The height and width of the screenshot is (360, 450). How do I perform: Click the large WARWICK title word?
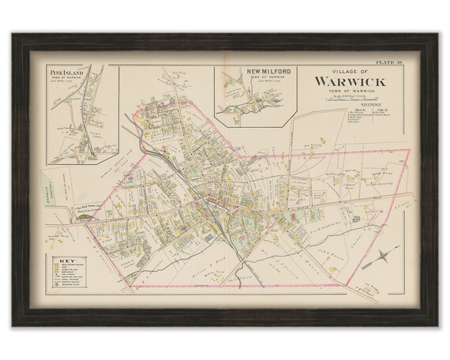[x=351, y=81]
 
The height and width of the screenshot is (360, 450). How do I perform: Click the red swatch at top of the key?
[x=53, y=265]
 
